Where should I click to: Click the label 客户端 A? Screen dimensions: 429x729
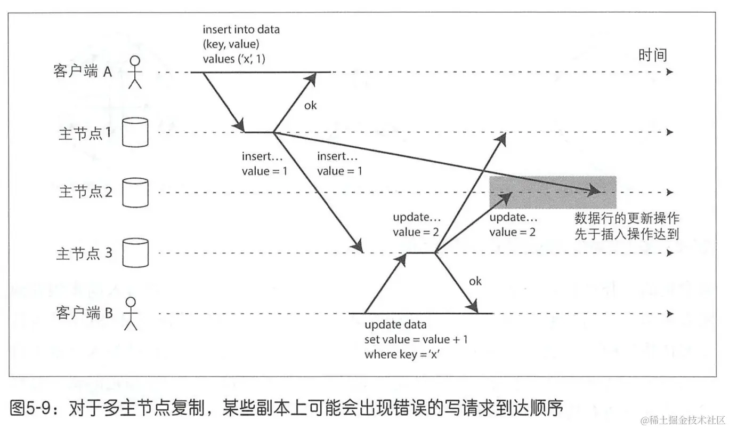tap(83, 72)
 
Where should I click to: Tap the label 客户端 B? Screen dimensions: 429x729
tap(84, 313)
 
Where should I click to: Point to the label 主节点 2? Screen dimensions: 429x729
tap(85, 192)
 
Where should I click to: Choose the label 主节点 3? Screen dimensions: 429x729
tap(84, 253)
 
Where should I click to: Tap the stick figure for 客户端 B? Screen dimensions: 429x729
tap(131, 314)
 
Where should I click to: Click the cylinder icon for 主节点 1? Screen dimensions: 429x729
tap(135, 132)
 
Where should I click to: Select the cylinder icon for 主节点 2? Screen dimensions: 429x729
tap(135, 193)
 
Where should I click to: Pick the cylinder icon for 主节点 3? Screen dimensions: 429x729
tap(135, 253)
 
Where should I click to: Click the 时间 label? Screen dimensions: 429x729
tap(652, 55)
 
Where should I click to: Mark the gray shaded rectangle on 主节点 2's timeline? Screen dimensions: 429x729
tap(553, 192)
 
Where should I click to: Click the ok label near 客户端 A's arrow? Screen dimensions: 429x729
tap(310, 105)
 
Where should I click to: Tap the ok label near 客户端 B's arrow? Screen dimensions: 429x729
tap(475, 281)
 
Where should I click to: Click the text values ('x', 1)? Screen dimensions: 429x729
tap(234, 59)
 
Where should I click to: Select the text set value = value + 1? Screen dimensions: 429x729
tap(416, 339)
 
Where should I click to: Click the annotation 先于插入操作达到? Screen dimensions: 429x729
tap(626, 234)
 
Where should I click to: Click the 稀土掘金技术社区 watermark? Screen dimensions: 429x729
tap(683, 420)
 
